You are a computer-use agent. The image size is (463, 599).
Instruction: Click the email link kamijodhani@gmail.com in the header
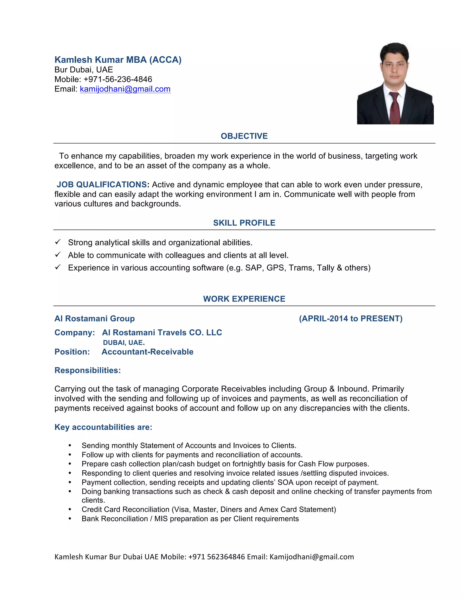tap(125, 89)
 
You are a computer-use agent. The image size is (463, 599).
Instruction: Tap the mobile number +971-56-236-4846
tap(118, 79)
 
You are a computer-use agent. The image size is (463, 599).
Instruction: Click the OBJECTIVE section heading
tap(244, 136)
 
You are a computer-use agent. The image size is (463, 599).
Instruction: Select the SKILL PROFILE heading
tap(244, 223)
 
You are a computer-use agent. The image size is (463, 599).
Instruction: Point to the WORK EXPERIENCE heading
tap(244, 299)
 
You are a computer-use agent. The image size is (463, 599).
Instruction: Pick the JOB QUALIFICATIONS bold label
tap(102, 185)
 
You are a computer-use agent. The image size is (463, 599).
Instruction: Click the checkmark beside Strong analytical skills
tap(58, 242)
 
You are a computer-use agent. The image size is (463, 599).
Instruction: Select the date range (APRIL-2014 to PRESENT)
tap(351, 318)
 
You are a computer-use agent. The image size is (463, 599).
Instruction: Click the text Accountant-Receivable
tap(148, 352)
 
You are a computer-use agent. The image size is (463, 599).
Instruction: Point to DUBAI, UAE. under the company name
tap(124, 342)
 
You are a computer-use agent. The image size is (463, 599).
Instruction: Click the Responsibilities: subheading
tap(87, 370)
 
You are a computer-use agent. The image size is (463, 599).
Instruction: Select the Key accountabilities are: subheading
tap(103, 427)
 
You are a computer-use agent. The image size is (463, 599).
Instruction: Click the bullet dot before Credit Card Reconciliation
tap(70, 509)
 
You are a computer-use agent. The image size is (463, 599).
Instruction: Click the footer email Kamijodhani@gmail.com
tap(312, 557)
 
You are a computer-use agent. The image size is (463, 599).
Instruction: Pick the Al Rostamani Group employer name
tap(94, 318)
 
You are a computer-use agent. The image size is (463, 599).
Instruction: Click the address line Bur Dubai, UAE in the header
tap(84, 70)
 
